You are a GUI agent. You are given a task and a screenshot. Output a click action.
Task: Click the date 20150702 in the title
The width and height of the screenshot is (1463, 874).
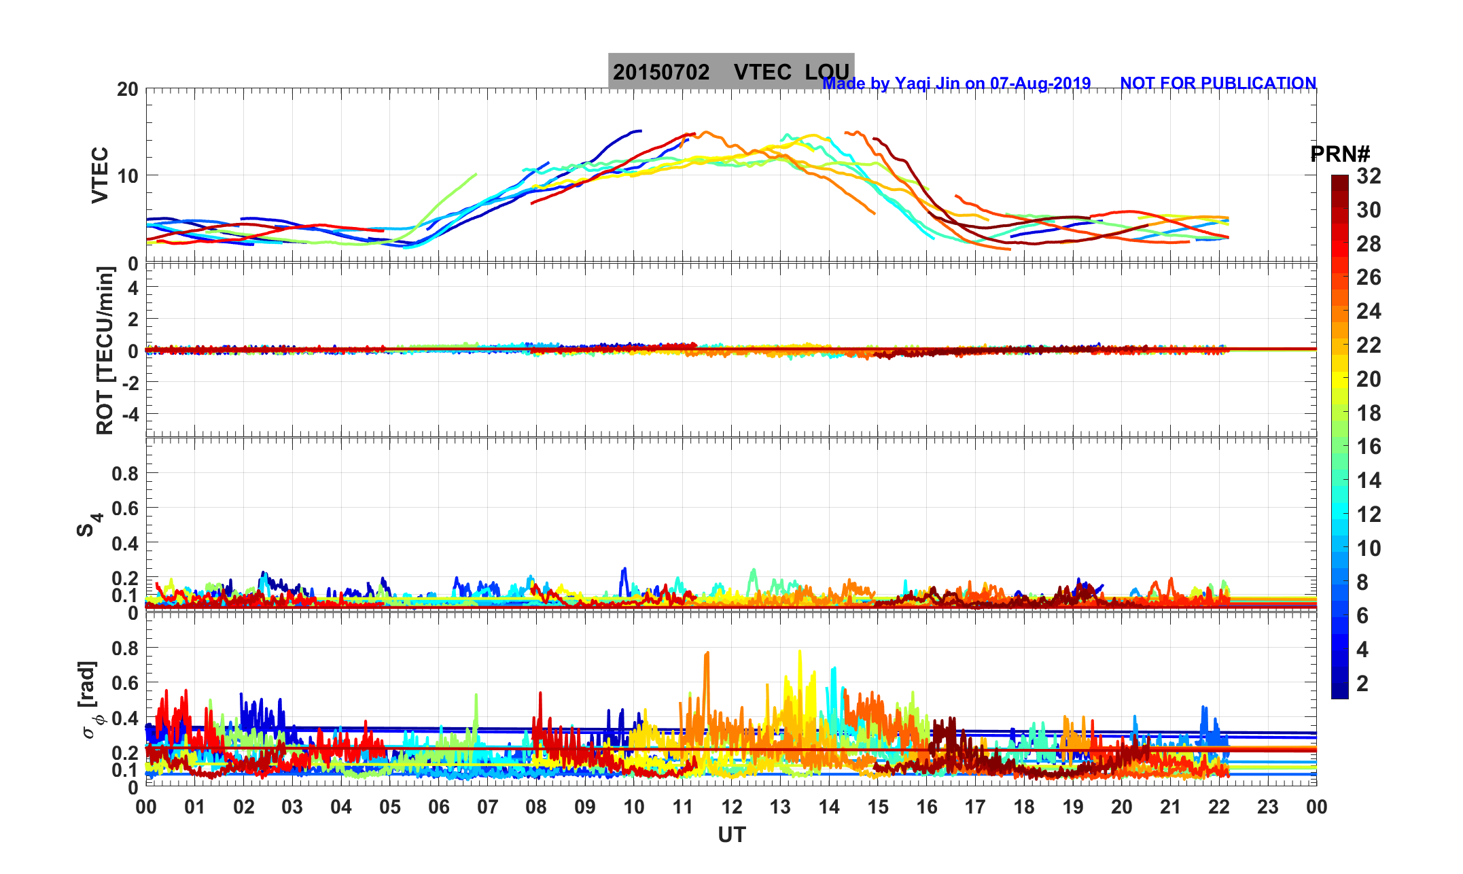[660, 72]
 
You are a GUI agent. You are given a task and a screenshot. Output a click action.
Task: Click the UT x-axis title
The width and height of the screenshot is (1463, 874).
[731, 835]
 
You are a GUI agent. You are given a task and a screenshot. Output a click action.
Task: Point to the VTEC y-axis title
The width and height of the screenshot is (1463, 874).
[100, 175]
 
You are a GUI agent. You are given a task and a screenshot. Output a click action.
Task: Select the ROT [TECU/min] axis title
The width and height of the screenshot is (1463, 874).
[105, 351]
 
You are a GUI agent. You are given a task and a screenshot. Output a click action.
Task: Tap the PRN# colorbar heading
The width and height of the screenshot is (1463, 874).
[1339, 154]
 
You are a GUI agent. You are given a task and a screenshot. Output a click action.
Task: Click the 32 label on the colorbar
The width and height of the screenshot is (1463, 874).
[1369, 177]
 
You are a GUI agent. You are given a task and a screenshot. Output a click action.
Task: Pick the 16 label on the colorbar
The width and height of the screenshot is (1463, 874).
[1369, 447]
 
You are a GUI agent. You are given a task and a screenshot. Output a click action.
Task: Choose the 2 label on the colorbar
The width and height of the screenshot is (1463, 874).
[1362, 683]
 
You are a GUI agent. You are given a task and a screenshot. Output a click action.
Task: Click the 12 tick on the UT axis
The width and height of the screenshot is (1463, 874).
[731, 807]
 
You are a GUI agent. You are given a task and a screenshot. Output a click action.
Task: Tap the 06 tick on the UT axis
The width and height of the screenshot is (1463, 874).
[438, 807]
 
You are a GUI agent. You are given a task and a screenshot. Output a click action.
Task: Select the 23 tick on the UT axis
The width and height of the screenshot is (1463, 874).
[1267, 807]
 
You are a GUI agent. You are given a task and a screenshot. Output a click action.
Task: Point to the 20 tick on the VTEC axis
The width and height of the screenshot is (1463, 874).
[127, 90]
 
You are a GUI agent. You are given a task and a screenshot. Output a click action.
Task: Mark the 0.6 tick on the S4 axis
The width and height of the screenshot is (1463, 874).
[125, 508]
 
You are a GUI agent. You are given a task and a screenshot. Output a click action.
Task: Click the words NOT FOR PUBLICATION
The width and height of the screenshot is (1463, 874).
[1218, 83]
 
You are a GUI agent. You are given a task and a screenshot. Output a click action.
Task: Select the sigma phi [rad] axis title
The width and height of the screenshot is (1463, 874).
[90, 700]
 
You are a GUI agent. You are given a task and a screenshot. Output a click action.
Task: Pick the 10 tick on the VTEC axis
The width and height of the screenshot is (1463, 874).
[127, 176]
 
